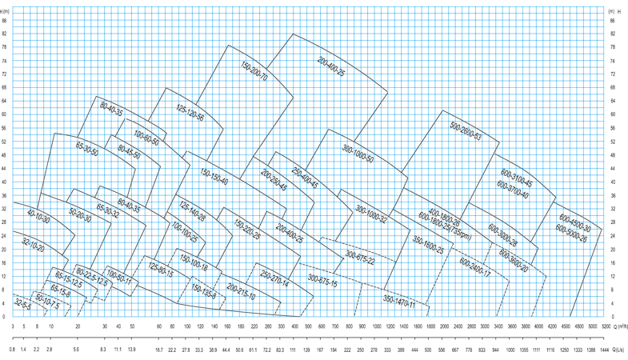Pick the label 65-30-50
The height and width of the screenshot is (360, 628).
pos(86,150)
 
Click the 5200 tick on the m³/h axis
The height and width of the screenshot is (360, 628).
pos(606,326)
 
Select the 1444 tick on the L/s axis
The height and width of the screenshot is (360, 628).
pos(606,350)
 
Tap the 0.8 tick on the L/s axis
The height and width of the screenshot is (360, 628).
pos(13,350)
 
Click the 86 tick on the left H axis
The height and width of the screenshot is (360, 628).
pos(5,20)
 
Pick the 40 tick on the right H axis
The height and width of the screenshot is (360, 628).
pos(612,168)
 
